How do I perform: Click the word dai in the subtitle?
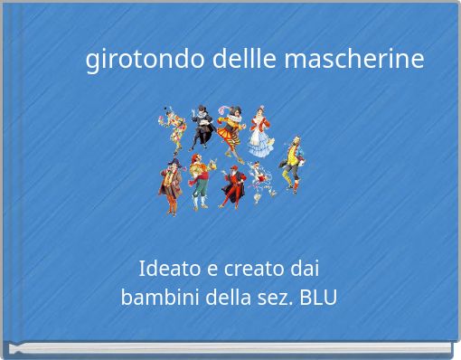point(302,269)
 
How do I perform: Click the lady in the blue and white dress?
point(260,134)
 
